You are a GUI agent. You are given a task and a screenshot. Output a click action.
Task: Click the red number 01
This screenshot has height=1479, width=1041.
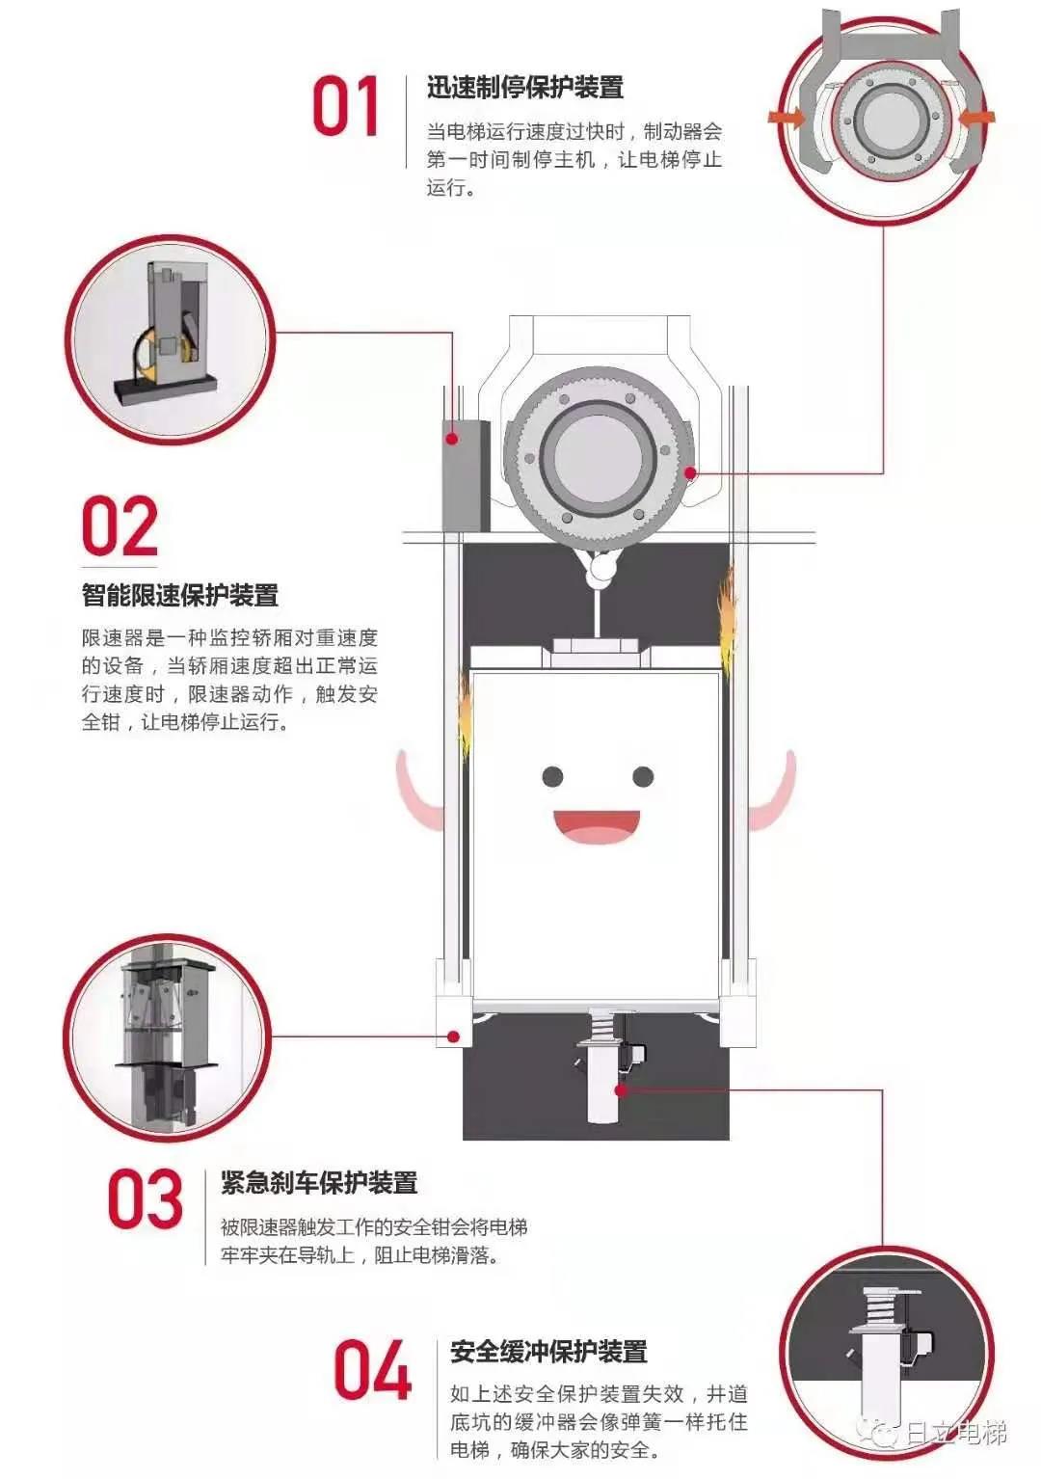(346, 106)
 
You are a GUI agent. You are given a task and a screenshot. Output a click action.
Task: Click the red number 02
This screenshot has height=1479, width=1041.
(120, 527)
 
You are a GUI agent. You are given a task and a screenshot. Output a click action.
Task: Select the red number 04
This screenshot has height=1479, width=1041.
(372, 1370)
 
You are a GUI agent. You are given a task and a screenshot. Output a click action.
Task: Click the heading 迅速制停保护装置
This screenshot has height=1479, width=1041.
(525, 88)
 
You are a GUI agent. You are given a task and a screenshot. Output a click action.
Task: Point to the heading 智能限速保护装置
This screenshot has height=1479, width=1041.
(180, 595)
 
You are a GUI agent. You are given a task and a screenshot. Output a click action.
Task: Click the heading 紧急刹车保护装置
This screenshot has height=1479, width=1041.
(319, 1182)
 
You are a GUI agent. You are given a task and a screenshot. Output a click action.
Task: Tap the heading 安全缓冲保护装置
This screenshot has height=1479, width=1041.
(548, 1352)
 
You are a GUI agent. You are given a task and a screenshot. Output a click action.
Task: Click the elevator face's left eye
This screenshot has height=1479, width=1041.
(552, 776)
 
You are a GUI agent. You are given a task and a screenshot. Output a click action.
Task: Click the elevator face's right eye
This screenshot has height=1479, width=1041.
(643, 776)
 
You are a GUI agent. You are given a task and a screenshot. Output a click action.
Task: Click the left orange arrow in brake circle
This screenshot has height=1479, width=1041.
(787, 118)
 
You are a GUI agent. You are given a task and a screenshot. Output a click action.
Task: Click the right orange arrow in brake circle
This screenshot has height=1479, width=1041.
(975, 118)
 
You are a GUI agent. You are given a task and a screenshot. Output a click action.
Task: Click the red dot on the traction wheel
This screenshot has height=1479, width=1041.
(690, 473)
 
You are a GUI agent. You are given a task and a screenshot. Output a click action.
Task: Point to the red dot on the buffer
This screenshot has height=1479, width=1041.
(622, 1090)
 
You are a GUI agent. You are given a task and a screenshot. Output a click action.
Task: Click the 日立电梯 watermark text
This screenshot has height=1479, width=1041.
(954, 1433)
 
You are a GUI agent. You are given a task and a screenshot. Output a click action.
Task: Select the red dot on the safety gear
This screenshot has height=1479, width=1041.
(452, 1037)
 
